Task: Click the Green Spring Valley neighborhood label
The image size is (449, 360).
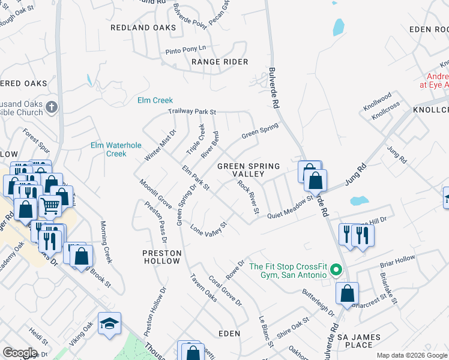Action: tap(249, 170)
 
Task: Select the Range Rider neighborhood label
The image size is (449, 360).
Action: tap(220, 62)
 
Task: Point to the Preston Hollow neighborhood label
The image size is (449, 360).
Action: tap(161, 257)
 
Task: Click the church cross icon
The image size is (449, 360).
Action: tap(52, 107)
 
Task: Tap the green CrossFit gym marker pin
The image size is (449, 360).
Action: tap(336, 271)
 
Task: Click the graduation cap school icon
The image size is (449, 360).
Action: tap(109, 324)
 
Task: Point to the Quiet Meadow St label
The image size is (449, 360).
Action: tap(291, 207)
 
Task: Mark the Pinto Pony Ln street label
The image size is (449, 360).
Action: tap(185, 47)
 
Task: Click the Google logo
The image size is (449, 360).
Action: tap(20, 353)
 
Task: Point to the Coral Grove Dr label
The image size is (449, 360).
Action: tap(225, 292)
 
